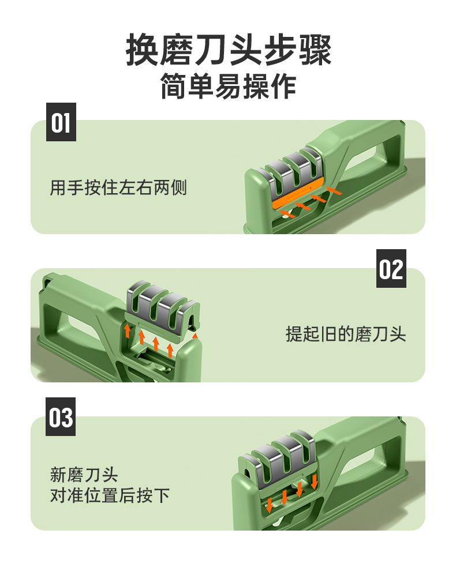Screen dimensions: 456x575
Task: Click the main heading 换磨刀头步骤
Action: tap(229, 50)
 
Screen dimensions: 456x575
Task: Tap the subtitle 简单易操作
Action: tap(229, 86)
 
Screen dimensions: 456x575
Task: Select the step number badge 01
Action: tap(61, 122)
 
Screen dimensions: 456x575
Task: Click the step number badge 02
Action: tap(391, 268)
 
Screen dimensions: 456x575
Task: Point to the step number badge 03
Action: tap(61, 417)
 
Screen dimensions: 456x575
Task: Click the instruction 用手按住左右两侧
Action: tap(118, 188)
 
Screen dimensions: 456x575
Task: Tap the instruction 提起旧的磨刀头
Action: tap(346, 334)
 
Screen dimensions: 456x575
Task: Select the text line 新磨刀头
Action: tap(84, 475)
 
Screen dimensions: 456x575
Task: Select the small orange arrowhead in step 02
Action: tap(195, 335)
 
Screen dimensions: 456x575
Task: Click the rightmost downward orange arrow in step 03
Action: tap(314, 481)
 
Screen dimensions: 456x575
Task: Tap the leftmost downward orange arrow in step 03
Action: tap(269, 505)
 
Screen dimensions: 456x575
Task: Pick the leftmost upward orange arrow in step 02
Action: tap(128, 330)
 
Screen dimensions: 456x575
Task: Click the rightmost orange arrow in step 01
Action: tap(334, 190)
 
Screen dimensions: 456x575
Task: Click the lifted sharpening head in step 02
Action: tap(162, 311)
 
